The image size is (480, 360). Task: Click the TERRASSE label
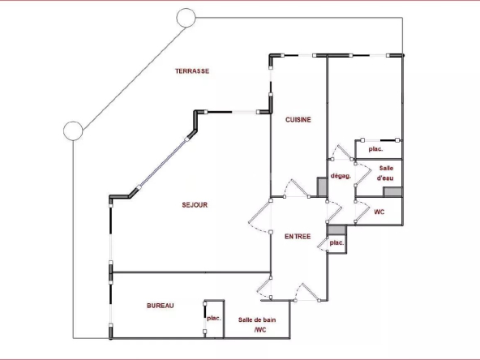[192, 71]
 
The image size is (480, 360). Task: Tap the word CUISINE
[298, 120]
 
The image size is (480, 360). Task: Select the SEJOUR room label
[195, 205]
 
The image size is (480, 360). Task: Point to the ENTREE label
[298, 236]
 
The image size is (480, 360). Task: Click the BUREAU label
[161, 306]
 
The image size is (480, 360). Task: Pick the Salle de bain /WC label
[257, 325]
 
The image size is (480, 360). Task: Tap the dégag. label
[341, 176]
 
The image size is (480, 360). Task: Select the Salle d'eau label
[385, 173]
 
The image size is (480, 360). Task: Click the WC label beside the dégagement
[379, 212]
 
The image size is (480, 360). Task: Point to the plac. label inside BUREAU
[214, 319]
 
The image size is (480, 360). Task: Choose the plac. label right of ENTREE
[336, 242]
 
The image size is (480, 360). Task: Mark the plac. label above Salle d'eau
[375, 149]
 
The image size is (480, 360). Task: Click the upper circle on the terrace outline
[186, 18]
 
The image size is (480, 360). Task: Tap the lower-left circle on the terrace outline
[73, 131]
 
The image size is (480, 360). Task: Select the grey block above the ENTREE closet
[336, 229]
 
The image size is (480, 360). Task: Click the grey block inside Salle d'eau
[392, 192]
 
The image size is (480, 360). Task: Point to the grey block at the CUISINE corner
[322, 186]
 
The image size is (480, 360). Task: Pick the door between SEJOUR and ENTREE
[259, 216]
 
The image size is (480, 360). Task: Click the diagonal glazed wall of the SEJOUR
[162, 163]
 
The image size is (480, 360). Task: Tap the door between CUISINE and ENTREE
[297, 187]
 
